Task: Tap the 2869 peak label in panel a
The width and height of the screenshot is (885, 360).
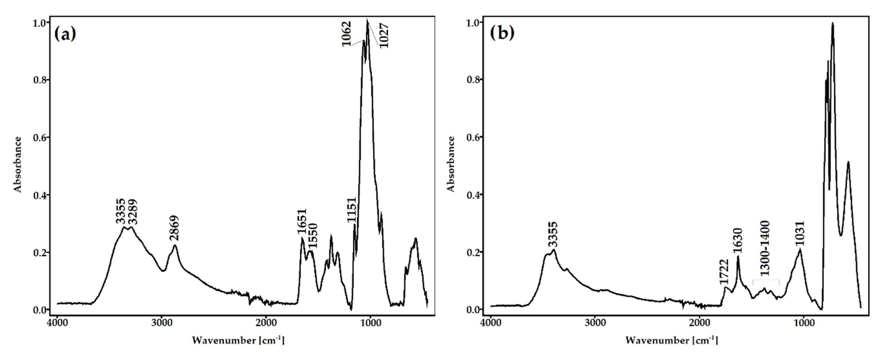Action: click(x=174, y=228)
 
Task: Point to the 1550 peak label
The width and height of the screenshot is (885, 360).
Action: click(x=313, y=236)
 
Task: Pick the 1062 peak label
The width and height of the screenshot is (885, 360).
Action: click(x=347, y=34)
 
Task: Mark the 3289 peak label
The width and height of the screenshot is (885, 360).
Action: click(x=132, y=212)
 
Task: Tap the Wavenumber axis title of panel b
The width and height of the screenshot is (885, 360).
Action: click(x=671, y=340)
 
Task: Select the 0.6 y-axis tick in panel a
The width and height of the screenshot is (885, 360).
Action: click(x=40, y=137)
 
